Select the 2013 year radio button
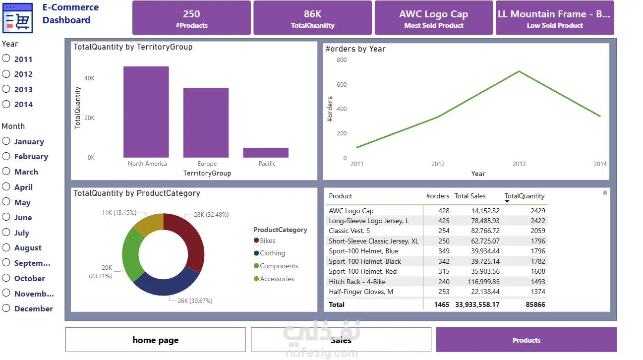click(x=6, y=89)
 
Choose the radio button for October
click(x=6, y=278)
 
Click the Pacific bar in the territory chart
click(x=266, y=152)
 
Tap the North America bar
click(x=146, y=112)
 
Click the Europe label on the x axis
click(x=207, y=164)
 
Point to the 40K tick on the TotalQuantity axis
click(x=89, y=78)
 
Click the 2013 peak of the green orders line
click(x=519, y=71)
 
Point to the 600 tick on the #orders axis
click(x=342, y=84)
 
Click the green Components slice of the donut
click(x=132, y=254)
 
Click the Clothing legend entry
click(x=270, y=253)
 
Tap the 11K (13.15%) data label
click(x=119, y=213)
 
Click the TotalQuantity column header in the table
click(x=525, y=196)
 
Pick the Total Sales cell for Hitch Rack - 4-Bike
click(x=483, y=282)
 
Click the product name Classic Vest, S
click(x=349, y=231)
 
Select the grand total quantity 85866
click(x=535, y=304)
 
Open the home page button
click(x=155, y=340)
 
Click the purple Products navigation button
click(x=526, y=340)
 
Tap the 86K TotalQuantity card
click(x=312, y=18)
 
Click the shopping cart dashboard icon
click(x=17, y=18)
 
